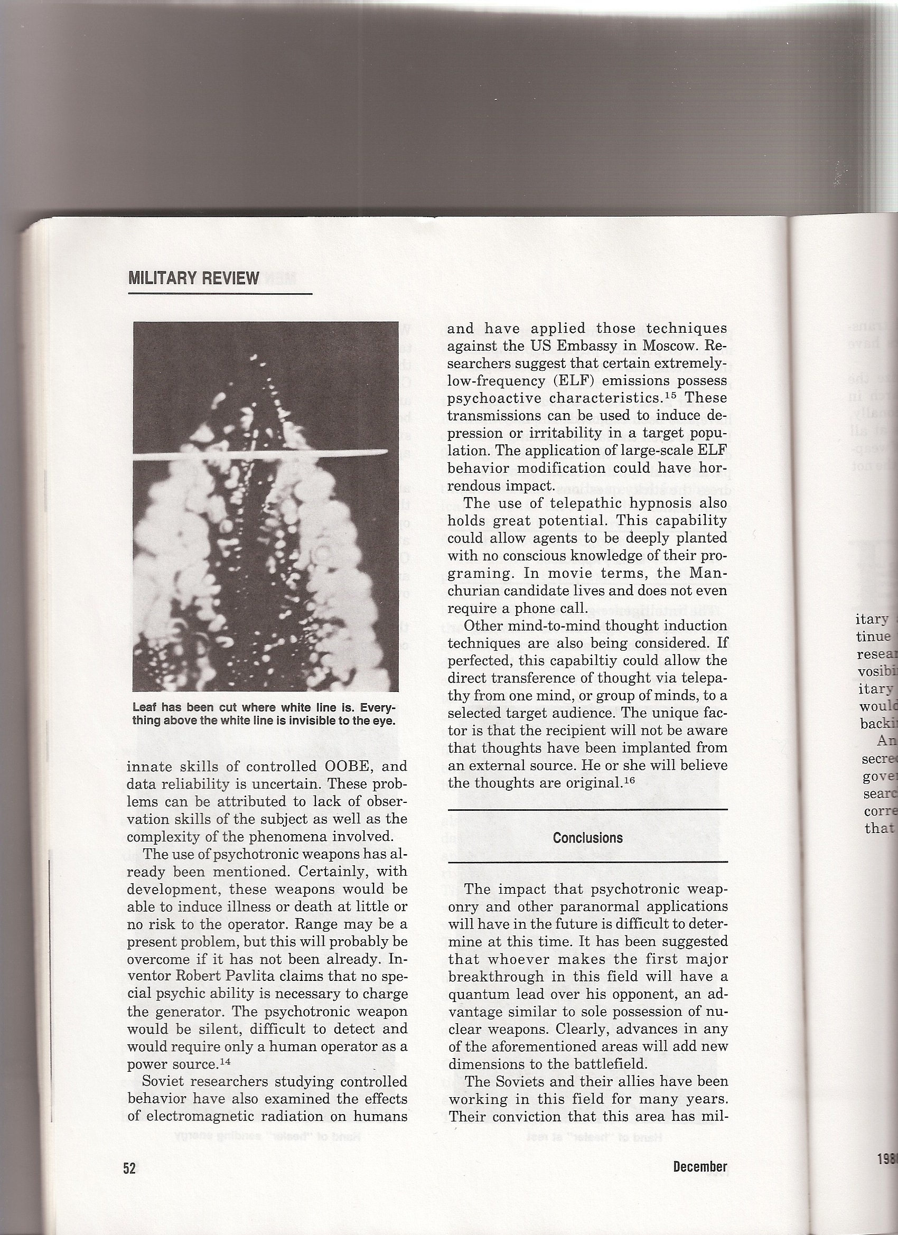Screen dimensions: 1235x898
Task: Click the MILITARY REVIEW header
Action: pyautogui.click(x=193, y=278)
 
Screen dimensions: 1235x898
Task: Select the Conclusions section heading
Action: pyautogui.click(x=587, y=837)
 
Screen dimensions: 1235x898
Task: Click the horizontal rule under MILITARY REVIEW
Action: pyautogui.click(x=219, y=294)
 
